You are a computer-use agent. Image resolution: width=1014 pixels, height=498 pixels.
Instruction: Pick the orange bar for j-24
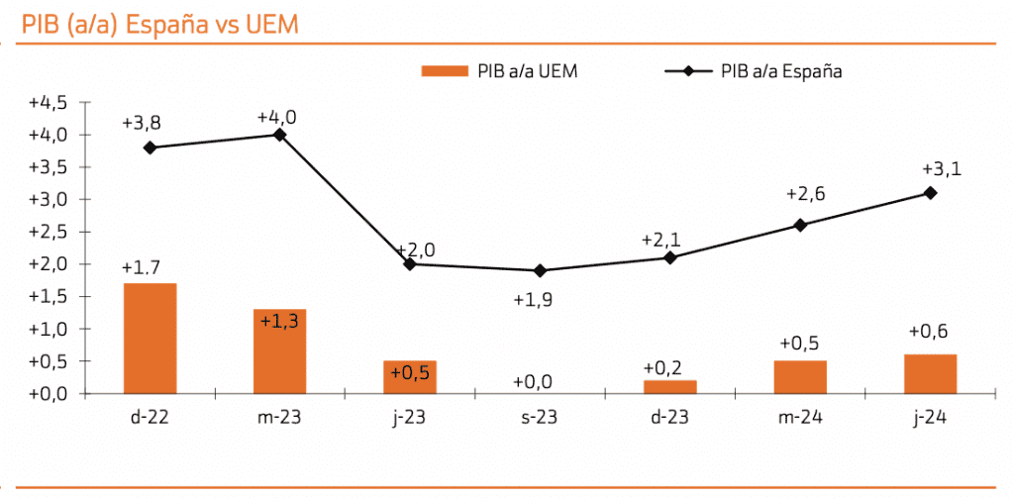point(930,373)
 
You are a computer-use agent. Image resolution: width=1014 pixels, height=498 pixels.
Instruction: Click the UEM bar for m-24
point(800,376)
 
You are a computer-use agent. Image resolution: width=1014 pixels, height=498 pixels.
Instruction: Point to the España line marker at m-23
point(279,135)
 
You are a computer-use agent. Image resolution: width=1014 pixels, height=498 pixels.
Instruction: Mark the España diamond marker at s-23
point(540,270)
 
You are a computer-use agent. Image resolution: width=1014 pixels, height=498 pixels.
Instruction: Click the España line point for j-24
point(930,192)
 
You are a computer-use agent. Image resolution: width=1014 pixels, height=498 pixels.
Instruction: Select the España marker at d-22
point(150,148)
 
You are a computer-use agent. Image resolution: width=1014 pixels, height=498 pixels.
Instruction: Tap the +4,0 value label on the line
point(276,117)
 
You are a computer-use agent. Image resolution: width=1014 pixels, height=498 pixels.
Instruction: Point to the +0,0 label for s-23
point(533,382)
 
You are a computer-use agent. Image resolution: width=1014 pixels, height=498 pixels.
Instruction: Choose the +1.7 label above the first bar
point(142,267)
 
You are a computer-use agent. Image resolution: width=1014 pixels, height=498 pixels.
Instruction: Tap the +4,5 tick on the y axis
point(47,102)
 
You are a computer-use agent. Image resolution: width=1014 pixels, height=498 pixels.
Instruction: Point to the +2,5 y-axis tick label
point(47,232)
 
